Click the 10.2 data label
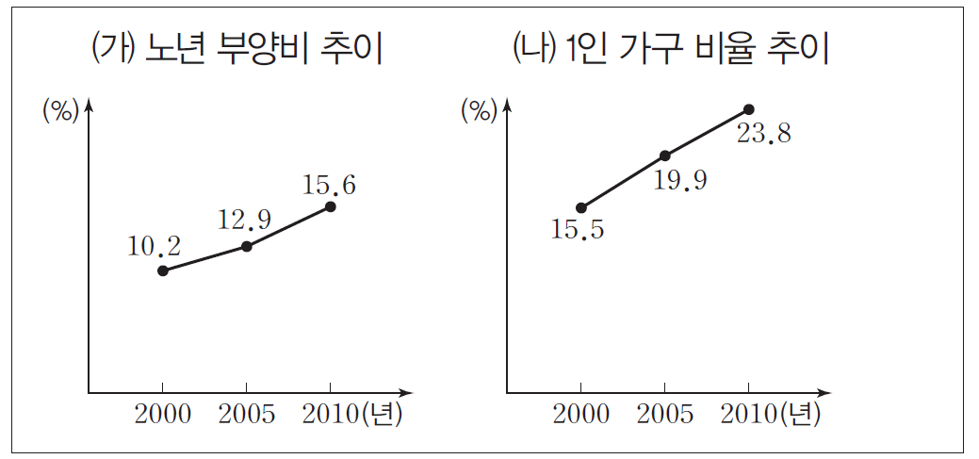click(153, 247)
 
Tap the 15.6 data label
click(329, 186)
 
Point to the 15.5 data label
click(578, 229)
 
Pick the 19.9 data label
click(680, 180)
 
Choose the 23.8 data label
click(763, 134)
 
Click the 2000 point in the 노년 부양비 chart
click(163, 270)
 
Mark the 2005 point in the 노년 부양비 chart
click(246, 246)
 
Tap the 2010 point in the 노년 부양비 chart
click(330, 205)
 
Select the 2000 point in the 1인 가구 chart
click(581, 207)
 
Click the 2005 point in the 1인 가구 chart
click(664, 156)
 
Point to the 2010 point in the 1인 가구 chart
click(749, 109)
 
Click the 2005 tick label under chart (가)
click(246, 415)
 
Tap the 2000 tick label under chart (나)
click(581, 415)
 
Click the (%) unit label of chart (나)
click(478, 111)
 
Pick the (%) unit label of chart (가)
click(59, 111)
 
